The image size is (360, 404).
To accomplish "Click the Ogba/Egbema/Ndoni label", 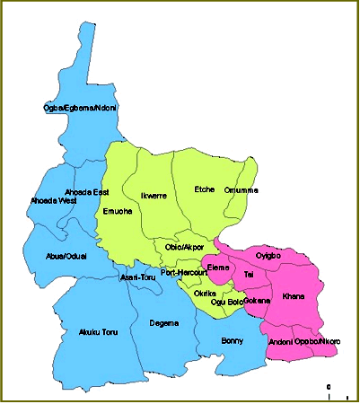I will click(80, 109).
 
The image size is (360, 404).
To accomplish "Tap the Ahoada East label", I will click(88, 192).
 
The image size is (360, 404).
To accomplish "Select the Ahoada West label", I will click(53, 200).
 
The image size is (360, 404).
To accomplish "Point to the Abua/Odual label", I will click(66, 256).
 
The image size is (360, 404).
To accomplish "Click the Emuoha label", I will click(118, 212).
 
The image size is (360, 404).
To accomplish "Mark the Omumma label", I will click(241, 189).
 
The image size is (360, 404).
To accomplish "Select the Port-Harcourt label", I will click(184, 272).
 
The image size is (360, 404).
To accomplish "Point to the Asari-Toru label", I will click(137, 277).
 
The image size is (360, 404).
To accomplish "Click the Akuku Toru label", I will click(98, 333).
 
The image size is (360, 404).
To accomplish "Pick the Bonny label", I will click(233, 339).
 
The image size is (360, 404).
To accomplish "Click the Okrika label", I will click(206, 293).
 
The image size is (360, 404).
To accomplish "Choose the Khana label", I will click(294, 295).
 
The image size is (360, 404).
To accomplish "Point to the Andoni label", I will click(281, 342).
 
